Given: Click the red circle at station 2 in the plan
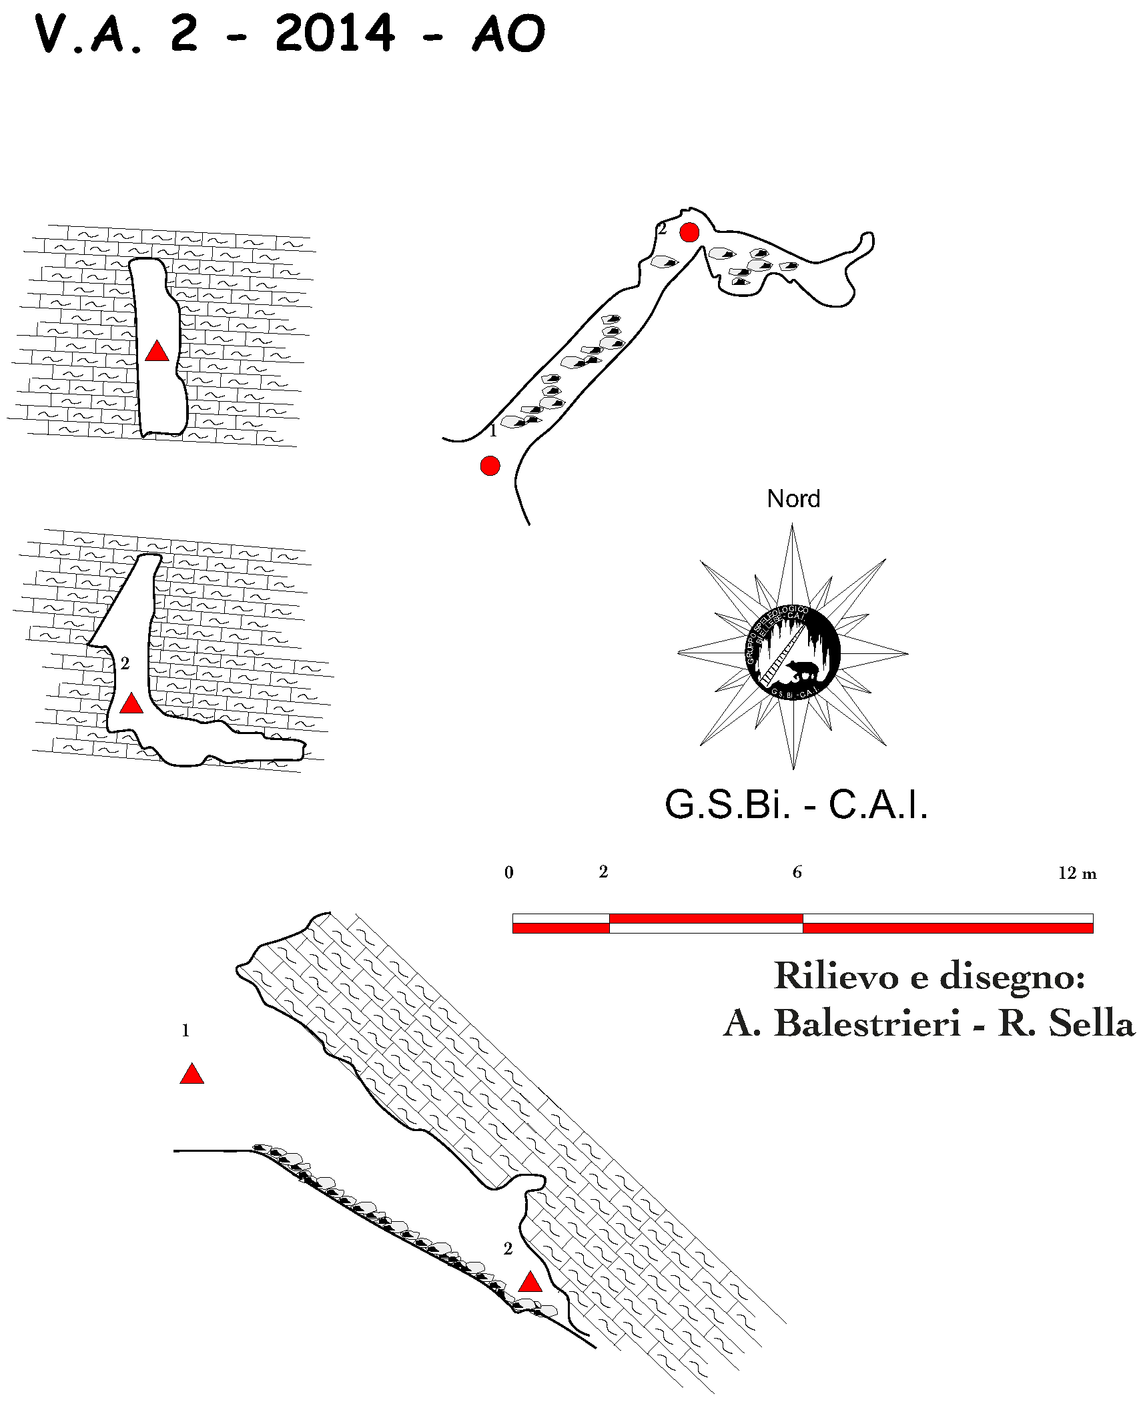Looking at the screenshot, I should pos(689,232).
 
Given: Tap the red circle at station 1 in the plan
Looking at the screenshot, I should pos(490,465).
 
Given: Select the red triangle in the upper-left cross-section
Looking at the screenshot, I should pos(157,351).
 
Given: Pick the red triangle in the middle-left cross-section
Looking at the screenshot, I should pos(131,703).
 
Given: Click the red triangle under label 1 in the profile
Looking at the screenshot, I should pos(192,1074).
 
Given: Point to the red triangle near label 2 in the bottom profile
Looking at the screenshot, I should pos(530,1282).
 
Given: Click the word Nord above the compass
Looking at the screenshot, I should pos(793,498).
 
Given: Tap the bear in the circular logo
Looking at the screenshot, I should pos(802,669).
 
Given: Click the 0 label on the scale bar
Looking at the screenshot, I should pos(509,873).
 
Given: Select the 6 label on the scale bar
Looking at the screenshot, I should pos(797,872).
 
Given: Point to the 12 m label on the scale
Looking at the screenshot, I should pos(1076,873).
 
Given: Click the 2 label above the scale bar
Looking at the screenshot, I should pos(603,871).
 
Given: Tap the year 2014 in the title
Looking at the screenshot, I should pos(335,33).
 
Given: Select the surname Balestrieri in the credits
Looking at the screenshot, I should pos(867,1022).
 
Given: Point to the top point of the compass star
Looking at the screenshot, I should pos(792,527).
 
